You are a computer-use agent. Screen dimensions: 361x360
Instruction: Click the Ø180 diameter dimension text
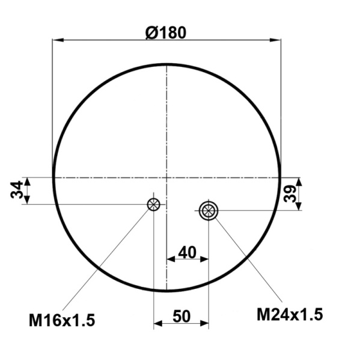[x=166, y=32]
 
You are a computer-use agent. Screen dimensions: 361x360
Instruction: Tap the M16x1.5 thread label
[x=62, y=320]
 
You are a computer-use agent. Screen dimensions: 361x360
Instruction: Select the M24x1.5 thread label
[x=290, y=314]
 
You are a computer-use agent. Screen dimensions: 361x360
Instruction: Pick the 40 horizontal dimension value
[x=188, y=252]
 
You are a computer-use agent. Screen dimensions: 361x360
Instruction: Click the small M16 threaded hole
[x=154, y=205]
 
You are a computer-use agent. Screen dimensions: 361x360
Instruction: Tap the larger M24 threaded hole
[x=209, y=210]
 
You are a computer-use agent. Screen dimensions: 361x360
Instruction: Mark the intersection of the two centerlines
[x=166, y=177]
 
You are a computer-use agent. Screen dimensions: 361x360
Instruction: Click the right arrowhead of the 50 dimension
[x=204, y=324]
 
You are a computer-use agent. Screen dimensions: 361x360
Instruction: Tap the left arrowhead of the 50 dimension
[x=158, y=324]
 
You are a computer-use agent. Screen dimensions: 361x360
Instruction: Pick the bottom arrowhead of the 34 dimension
[x=27, y=200]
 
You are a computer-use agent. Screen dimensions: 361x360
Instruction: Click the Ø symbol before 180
[x=151, y=32]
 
